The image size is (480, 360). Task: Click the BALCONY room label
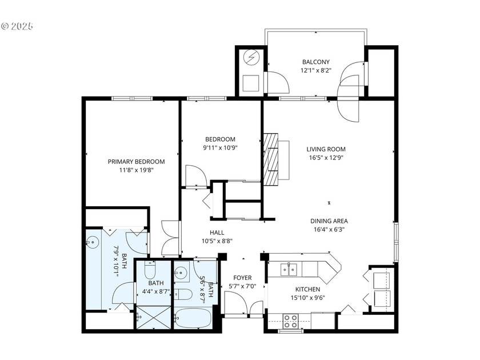point(315,62)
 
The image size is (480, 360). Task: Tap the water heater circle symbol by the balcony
point(251,58)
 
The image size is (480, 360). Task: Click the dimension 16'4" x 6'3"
point(329,230)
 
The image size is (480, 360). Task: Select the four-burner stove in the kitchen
point(290,321)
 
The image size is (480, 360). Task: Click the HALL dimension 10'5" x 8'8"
point(217,241)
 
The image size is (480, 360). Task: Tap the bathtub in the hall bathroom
point(193,318)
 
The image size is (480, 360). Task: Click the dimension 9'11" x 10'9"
point(220,147)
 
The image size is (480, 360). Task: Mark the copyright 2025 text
point(18,26)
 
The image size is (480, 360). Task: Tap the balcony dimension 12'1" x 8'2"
point(315,70)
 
